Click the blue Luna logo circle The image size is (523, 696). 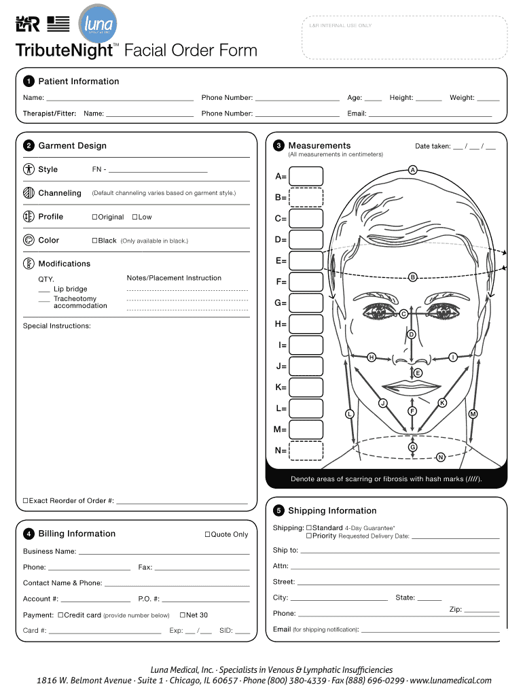98,25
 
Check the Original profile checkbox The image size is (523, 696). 94,217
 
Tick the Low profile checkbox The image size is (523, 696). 134,217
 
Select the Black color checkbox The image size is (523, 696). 94,241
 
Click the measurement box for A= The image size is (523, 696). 306,177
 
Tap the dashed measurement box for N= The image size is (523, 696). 306,451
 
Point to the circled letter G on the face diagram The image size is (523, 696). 412,447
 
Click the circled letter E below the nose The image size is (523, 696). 418,373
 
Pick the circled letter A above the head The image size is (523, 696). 412,169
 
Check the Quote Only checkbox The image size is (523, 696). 207,534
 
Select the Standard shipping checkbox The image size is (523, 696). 308,527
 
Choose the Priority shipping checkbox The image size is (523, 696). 308,536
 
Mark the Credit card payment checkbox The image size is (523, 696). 60,615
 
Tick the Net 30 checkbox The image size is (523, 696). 182,615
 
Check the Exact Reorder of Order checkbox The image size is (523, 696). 26,501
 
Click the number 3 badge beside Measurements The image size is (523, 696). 278,146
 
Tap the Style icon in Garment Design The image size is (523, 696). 29,169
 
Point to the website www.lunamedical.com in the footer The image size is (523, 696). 451,680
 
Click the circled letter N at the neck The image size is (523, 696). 441,457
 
